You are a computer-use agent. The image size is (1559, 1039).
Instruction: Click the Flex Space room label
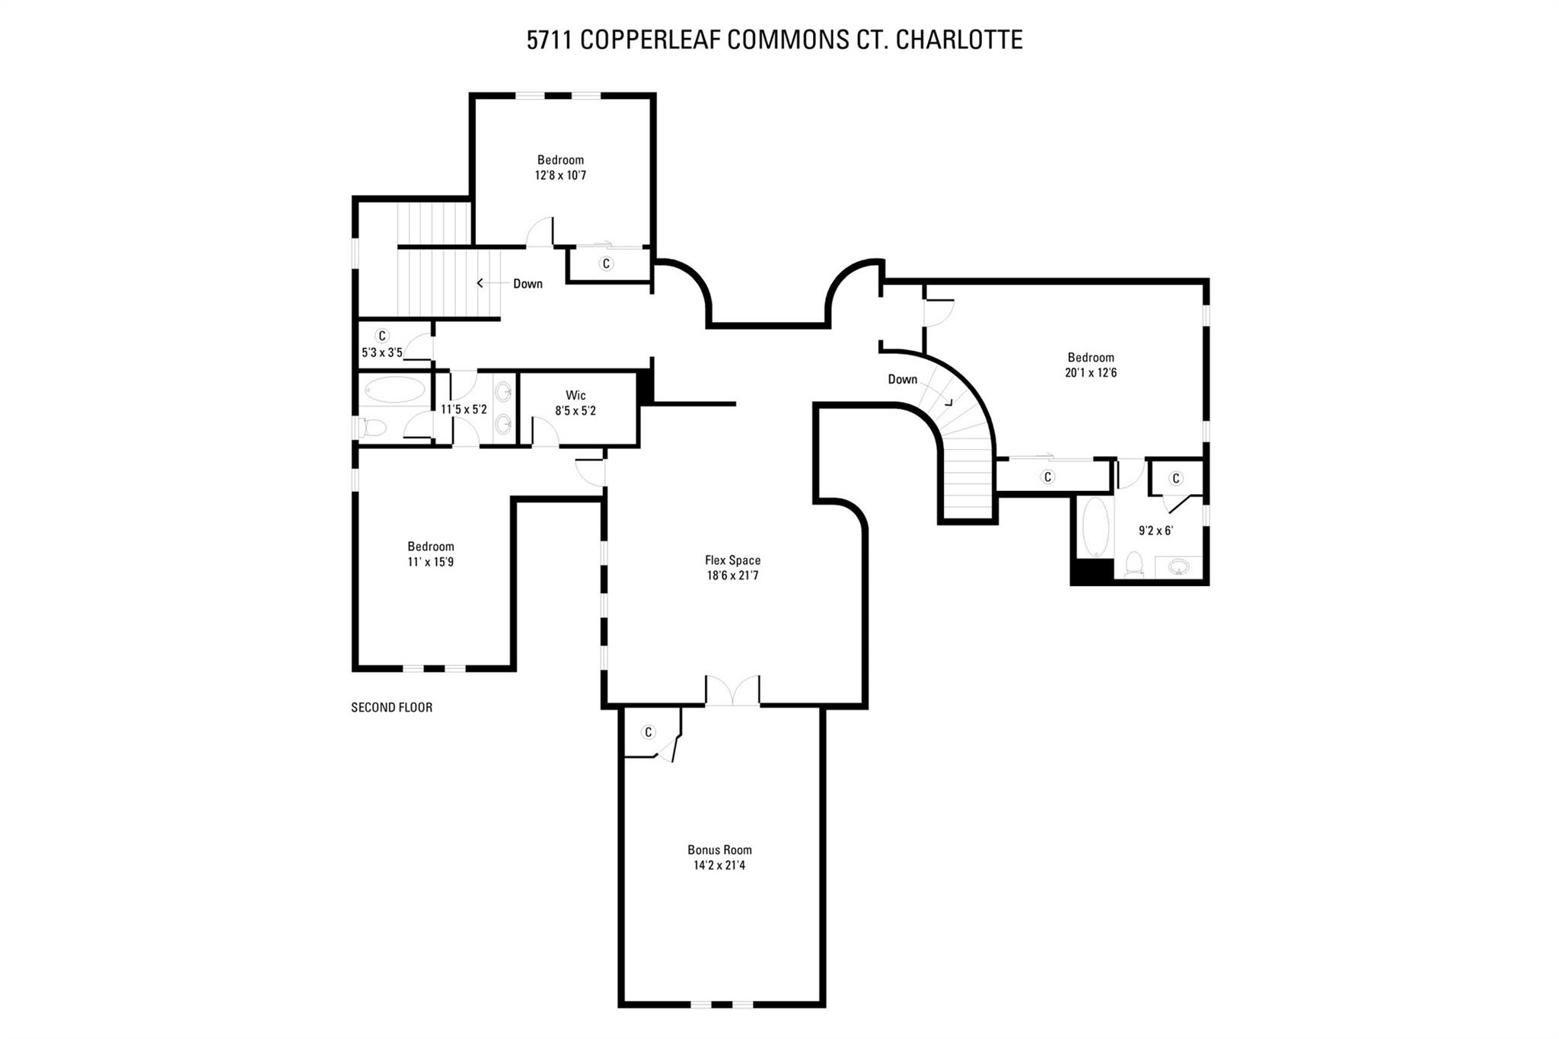pyautogui.click(x=732, y=560)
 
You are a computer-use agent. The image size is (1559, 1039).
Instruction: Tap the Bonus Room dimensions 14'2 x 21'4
pyautogui.click(x=719, y=865)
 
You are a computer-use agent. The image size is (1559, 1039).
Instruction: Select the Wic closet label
pyautogui.click(x=575, y=395)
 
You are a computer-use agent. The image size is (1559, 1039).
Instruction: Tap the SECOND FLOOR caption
pyautogui.click(x=391, y=707)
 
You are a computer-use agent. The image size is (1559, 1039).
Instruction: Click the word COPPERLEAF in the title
pyautogui.click(x=650, y=40)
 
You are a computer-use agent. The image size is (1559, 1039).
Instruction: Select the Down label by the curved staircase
pyautogui.click(x=902, y=379)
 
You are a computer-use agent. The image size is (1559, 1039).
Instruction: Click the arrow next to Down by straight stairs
pyautogui.click(x=480, y=283)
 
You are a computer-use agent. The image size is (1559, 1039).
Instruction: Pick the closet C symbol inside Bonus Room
pyautogui.click(x=649, y=732)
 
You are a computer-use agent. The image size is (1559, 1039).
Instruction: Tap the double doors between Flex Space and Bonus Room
pyautogui.click(x=732, y=690)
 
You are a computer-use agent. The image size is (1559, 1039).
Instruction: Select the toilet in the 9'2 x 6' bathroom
pyautogui.click(x=1134, y=564)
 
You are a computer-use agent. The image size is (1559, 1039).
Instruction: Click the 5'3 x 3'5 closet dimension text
pyautogui.click(x=381, y=352)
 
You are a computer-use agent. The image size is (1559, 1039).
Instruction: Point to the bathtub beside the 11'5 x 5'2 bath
pyautogui.click(x=394, y=390)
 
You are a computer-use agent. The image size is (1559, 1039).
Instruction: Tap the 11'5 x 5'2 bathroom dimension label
pyautogui.click(x=464, y=409)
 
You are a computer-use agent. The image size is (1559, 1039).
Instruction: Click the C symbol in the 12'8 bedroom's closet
pyautogui.click(x=606, y=263)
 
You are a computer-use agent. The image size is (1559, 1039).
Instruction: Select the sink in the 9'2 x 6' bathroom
pyautogui.click(x=1178, y=567)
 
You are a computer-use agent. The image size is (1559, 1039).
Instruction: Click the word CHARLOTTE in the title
pyautogui.click(x=959, y=40)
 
